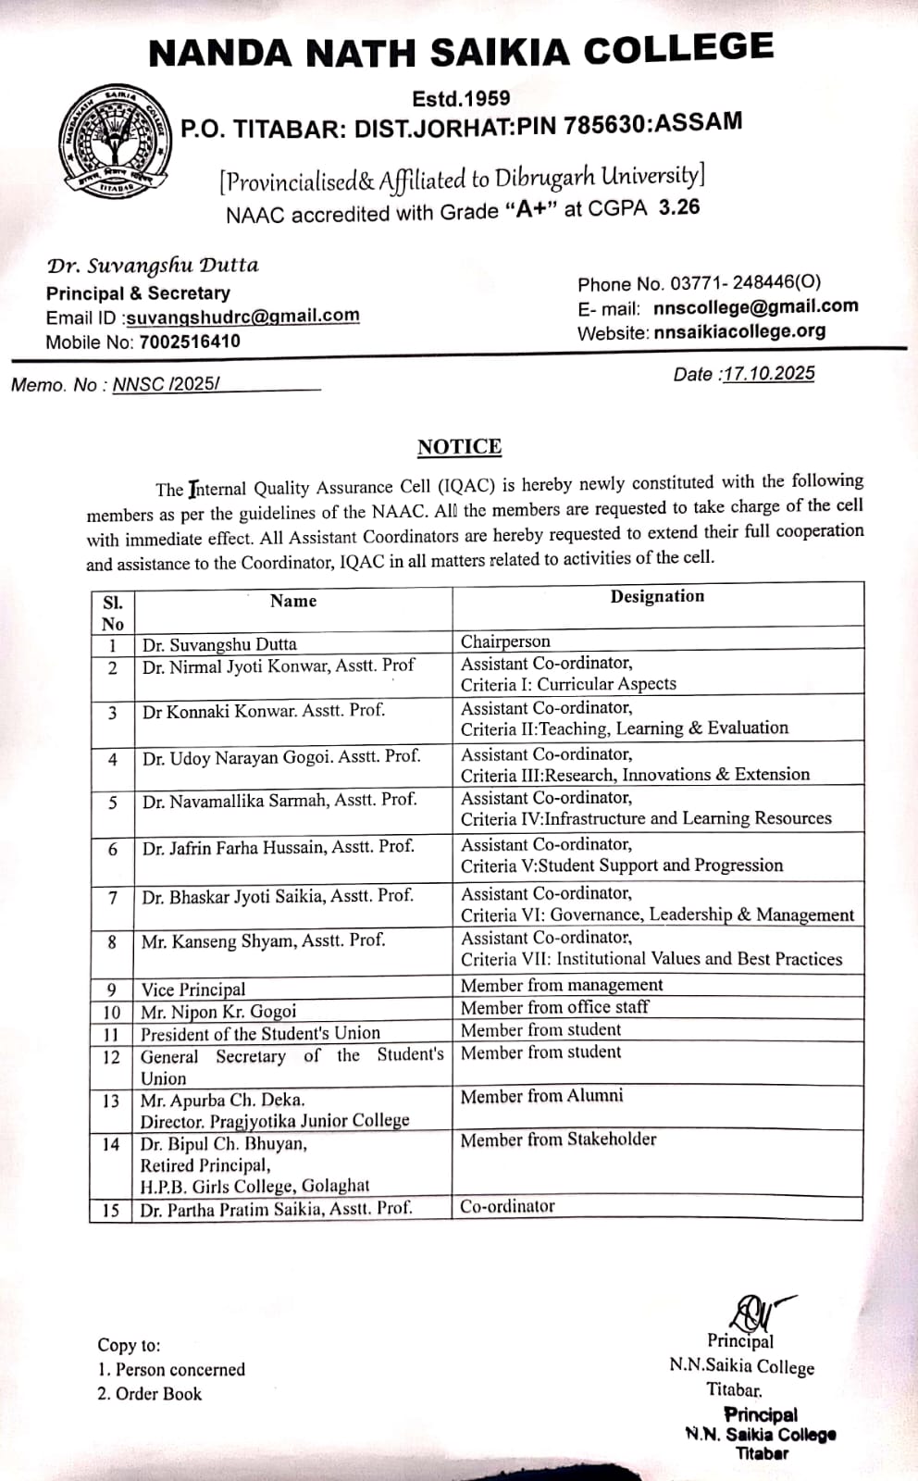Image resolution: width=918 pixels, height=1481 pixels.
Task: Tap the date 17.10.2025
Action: pyautogui.click(x=768, y=373)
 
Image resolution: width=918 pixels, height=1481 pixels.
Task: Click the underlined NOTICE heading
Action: pyautogui.click(x=459, y=447)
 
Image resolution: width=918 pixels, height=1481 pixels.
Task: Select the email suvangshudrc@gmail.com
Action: pyautogui.click(x=242, y=316)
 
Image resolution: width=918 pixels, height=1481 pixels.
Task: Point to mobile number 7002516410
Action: pyautogui.click(x=190, y=341)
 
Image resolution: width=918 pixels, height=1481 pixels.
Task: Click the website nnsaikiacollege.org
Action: pyautogui.click(x=739, y=330)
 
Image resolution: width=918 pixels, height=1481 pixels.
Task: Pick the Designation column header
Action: pyautogui.click(x=657, y=597)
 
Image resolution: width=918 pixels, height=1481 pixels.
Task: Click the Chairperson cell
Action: pyautogui.click(x=505, y=641)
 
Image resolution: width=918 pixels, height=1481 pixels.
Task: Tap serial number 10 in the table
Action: pyautogui.click(x=111, y=1012)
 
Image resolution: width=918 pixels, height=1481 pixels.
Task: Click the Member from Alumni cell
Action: pyautogui.click(x=541, y=1096)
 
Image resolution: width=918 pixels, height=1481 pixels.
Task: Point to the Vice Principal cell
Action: pyautogui.click(x=193, y=989)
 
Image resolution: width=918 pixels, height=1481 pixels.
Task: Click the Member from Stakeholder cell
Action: pyautogui.click(x=558, y=1139)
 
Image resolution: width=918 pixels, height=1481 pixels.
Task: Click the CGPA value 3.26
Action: pyautogui.click(x=679, y=206)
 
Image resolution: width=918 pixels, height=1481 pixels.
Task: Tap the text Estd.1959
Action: pyautogui.click(x=461, y=98)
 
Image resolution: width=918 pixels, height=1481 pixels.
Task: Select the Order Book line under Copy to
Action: pyautogui.click(x=149, y=1393)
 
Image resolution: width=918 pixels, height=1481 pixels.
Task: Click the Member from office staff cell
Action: pyautogui.click(x=554, y=1007)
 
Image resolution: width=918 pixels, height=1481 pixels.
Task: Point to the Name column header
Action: pyautogui.click(x=293, y=601)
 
